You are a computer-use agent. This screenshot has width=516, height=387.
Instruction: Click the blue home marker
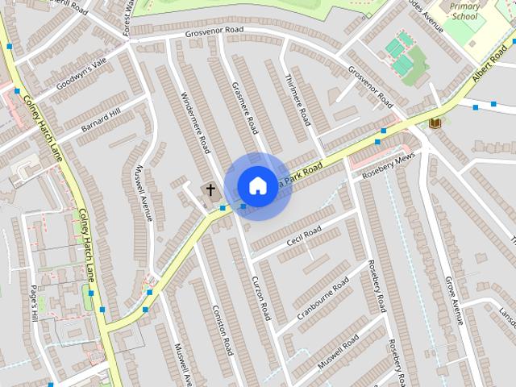256,186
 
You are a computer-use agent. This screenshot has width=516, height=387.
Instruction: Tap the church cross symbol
210,190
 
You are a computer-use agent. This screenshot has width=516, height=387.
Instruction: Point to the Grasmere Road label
243,107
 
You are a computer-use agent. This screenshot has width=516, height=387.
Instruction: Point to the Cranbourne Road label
322,298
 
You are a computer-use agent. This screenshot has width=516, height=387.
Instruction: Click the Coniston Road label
223,330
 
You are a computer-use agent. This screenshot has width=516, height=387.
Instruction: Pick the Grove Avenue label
452,301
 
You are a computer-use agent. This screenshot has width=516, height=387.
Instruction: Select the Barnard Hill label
102,119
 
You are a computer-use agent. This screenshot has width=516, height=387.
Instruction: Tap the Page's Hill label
33,304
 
